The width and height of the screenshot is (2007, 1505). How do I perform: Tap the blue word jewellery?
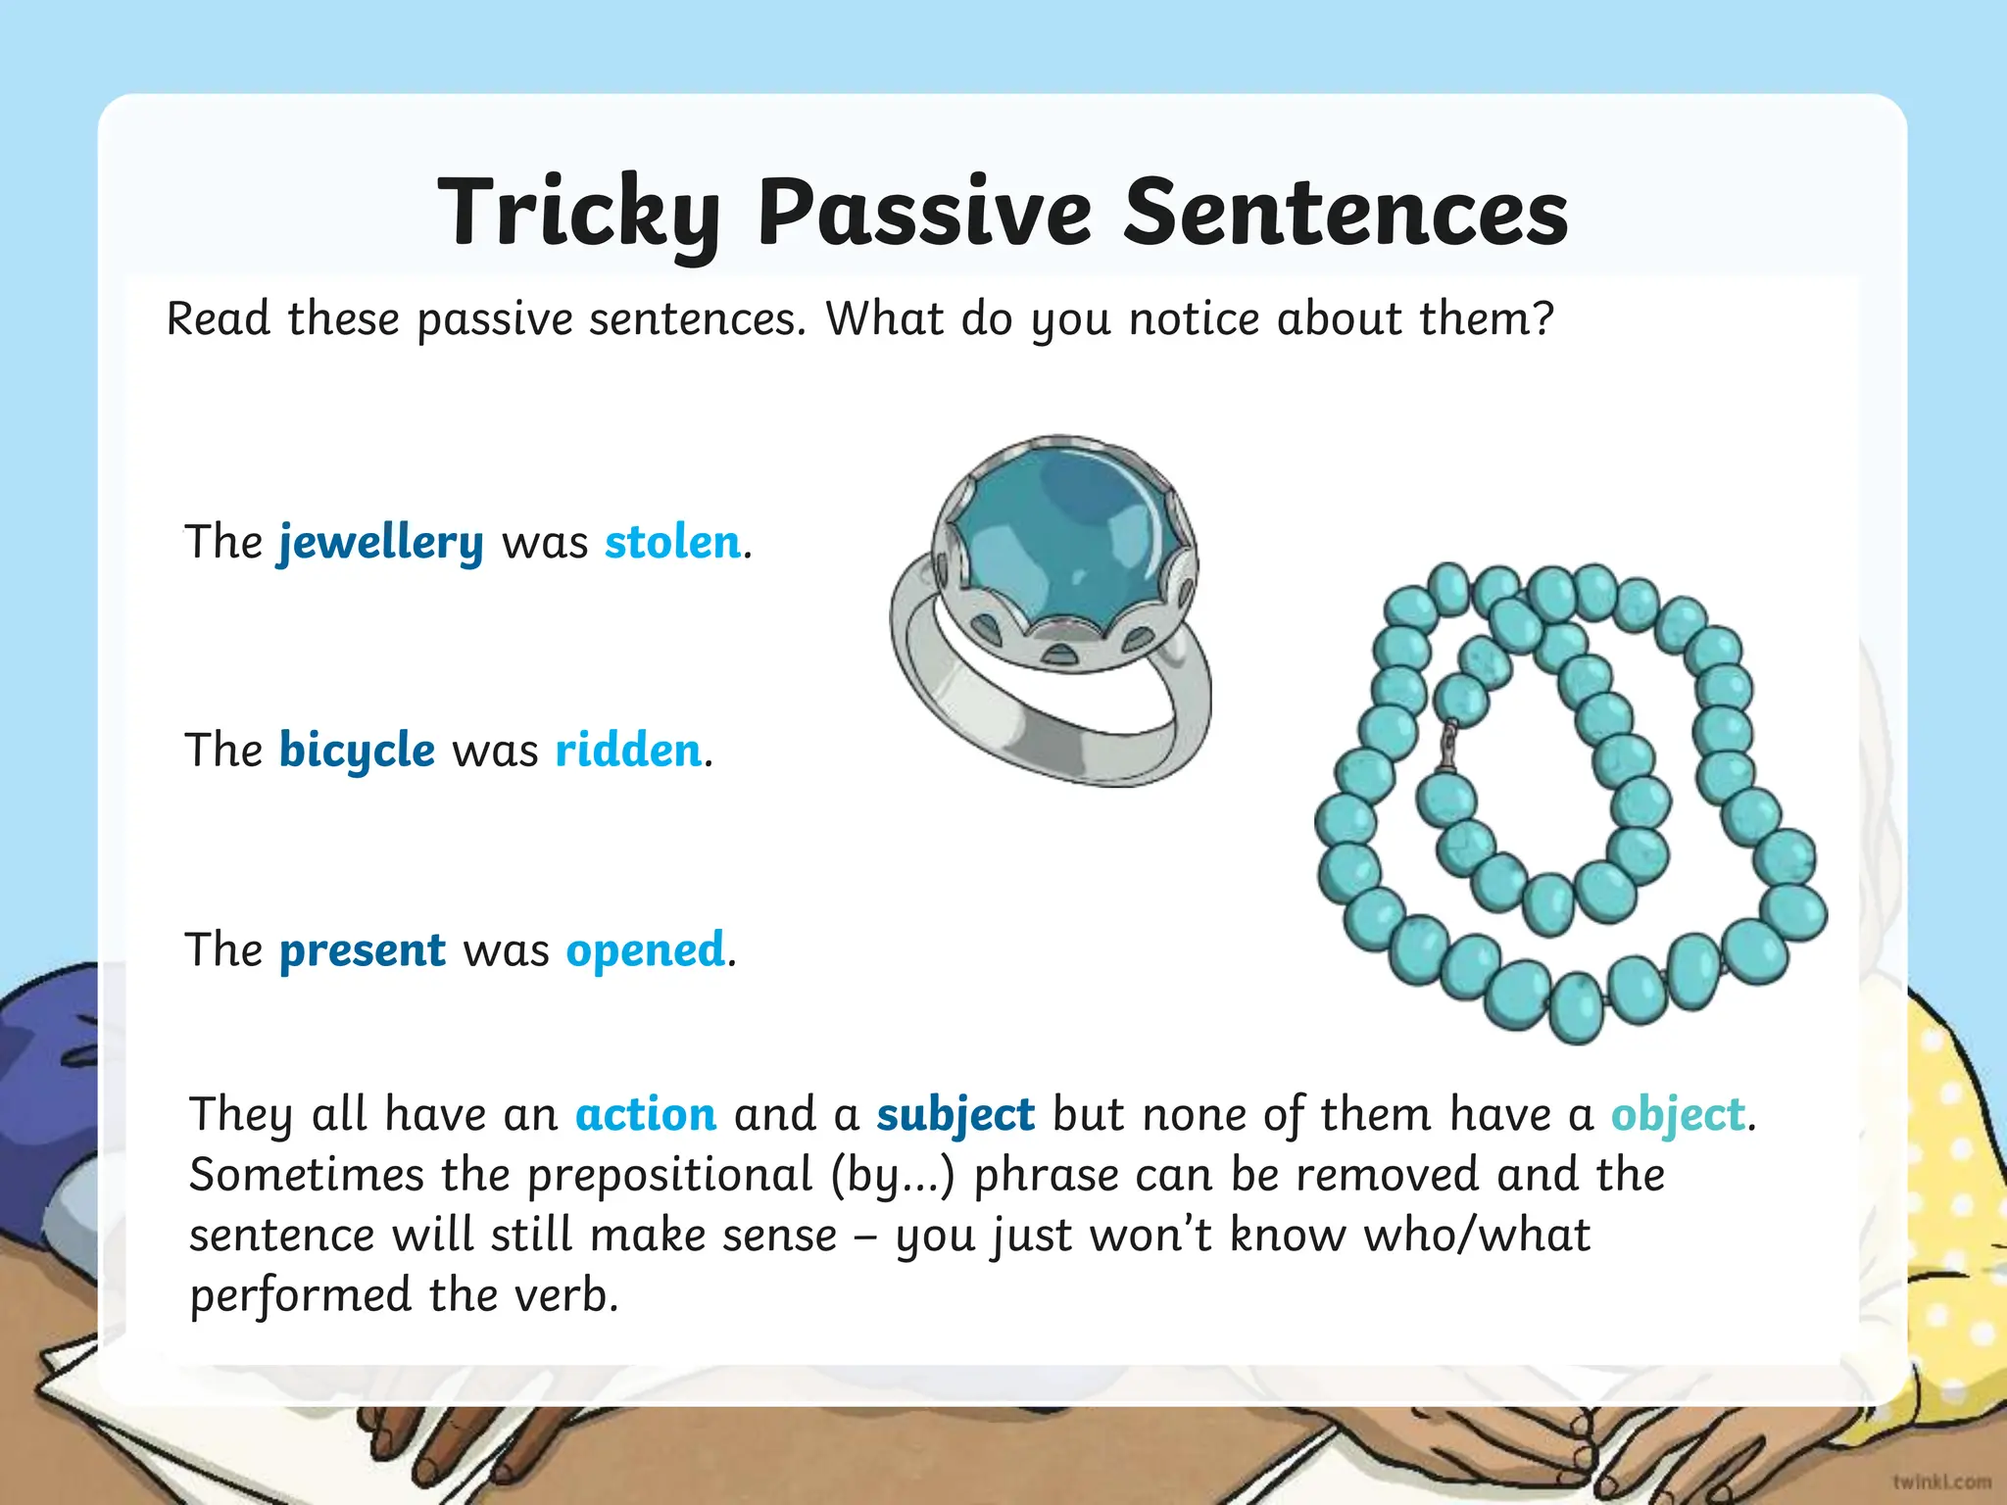tap(380, 543)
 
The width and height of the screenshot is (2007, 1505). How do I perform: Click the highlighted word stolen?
tap(672, 543)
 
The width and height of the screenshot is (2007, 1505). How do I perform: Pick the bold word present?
tap(362, 950)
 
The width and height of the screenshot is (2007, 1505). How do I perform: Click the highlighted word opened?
tap(646, 950)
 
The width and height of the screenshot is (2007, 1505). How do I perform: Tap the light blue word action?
tap(646, 1115)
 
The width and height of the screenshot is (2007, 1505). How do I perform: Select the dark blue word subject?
tap(955, 1115)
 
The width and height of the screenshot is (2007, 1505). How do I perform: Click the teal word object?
tap(1678, 1115)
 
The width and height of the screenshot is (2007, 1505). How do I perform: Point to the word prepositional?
tap(670, 1175)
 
